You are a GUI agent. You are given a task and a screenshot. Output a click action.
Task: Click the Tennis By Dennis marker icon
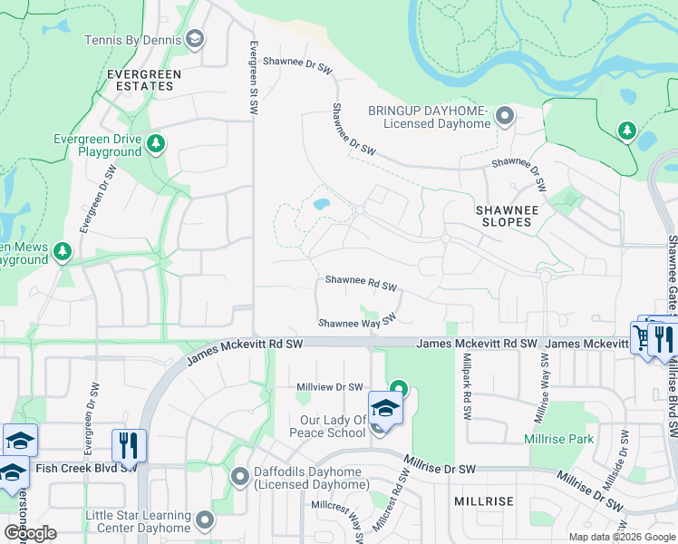point(194,39)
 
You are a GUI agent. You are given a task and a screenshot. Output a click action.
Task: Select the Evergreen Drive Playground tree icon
point(156,143)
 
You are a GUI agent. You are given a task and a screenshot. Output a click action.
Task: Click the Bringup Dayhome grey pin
point(505,116)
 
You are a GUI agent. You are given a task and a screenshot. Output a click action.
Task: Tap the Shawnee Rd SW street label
point(361,286)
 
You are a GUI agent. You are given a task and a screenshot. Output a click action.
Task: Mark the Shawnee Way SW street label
point(358,322)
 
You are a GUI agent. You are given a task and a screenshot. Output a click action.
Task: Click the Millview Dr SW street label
point(330,387)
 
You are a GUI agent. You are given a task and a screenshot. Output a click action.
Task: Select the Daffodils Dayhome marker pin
point(240,476)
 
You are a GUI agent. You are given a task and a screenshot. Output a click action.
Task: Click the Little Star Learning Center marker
point(205,520)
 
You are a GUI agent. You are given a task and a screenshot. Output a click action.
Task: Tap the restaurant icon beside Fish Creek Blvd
point(128,444)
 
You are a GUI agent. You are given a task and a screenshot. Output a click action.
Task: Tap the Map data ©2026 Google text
point(621,537)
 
